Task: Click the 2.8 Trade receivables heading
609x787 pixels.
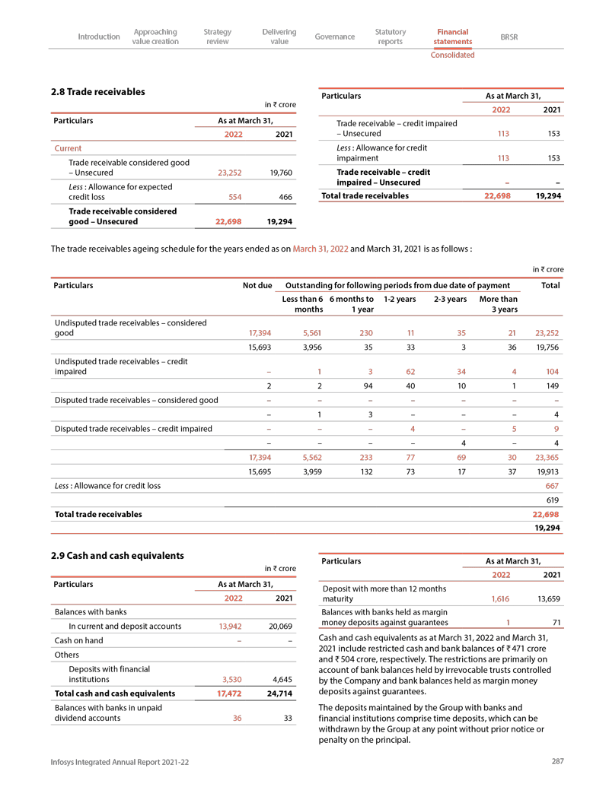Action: coord(97,92)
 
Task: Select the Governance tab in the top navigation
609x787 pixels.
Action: coord(334,36)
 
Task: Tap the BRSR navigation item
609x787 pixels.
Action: coord(509,36)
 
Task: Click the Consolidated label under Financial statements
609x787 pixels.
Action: coord(452,55)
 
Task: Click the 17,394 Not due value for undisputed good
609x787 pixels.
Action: coord(257,333)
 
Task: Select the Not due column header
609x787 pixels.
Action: coord(257,286)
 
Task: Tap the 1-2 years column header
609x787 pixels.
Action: coord(399,300)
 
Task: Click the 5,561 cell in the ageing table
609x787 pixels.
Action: coord(308,333)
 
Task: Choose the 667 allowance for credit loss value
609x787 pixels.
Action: coord(552,485)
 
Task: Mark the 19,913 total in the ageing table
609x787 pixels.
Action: coord(547,471)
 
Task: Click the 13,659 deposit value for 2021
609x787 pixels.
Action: coord(547,598)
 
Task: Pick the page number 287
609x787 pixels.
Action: coord(556,761)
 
